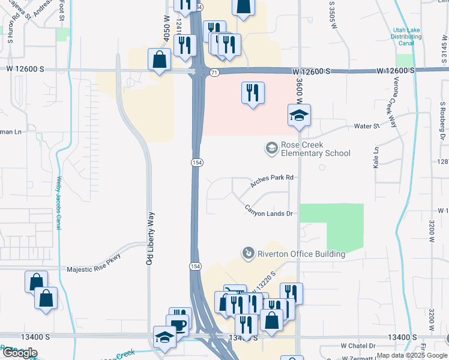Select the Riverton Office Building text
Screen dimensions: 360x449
[x=301, y=254]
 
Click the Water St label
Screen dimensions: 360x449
[x=367, y=126]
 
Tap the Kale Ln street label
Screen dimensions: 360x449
[x=376, y=157]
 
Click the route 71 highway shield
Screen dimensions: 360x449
[x=214, y=72]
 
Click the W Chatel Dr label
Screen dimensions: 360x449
[x=358, y=346]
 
